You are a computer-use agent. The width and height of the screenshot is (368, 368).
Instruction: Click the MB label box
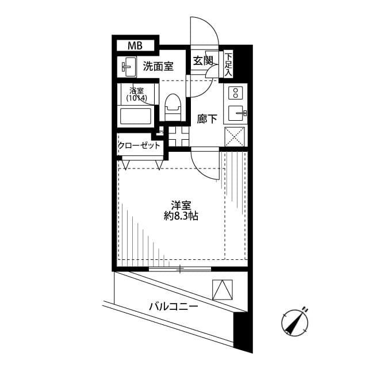(x=135, y=45)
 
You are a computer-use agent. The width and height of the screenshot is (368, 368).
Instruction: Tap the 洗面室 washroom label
(x=158, y=66)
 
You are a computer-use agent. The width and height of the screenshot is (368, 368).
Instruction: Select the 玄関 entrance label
(x=202, y=60)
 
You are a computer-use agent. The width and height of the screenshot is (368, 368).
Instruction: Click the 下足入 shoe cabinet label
(x=228, y=64)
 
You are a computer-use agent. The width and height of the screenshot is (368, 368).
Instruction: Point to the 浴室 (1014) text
(x=136, y=94)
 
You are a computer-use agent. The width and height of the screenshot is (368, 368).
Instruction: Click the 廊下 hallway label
(x=207, y=120)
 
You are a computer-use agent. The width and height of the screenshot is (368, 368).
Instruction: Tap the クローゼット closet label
(x=139, y=145)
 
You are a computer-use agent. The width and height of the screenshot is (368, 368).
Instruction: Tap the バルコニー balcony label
(x=173, y=307)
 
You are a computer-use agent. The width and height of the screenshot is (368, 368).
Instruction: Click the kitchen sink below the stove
(x=235, y=113)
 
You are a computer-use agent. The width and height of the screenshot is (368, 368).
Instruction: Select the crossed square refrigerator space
(x=235, y=138)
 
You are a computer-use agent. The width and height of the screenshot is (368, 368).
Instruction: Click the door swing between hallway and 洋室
(x=204, y=164)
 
